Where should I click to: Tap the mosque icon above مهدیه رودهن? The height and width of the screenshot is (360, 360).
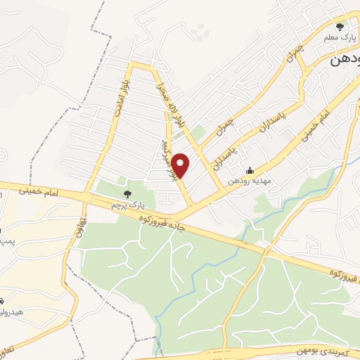tap(250, 169)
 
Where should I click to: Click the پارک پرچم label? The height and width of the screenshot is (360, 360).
tap(127, 205)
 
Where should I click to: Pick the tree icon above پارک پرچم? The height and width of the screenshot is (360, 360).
tap(127, 193)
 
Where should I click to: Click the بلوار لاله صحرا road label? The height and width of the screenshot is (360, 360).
tap(172, 99)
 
